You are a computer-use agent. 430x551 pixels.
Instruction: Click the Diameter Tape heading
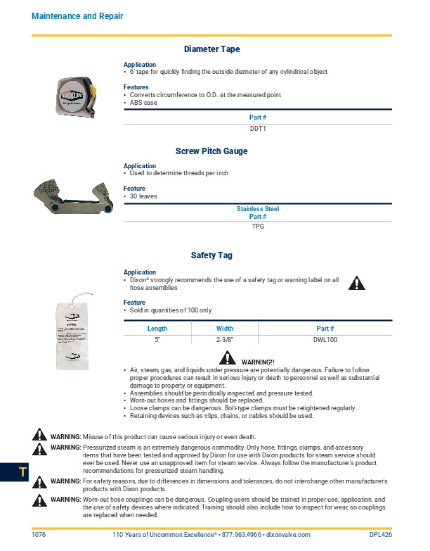point(211,49)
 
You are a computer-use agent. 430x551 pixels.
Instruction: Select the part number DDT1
point(258,129)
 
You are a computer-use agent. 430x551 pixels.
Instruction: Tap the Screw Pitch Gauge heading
point(211,151)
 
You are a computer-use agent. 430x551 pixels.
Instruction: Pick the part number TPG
point(258,227)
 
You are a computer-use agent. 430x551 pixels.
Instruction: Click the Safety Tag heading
point(211,255)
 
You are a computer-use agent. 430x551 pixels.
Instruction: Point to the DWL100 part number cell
point(325,340)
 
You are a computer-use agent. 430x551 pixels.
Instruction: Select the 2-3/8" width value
point(224,340)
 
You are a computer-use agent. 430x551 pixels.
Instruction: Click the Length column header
point(157,329)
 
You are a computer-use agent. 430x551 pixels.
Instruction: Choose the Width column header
point(224,329)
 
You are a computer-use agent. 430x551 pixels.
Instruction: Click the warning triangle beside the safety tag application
point(358,284)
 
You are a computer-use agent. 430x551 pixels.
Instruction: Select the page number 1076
point(39,535)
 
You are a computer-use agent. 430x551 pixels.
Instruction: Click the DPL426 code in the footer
point(380,535)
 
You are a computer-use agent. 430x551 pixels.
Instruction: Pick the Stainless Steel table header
point(258,209)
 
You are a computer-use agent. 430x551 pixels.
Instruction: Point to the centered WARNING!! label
point(258,362)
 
